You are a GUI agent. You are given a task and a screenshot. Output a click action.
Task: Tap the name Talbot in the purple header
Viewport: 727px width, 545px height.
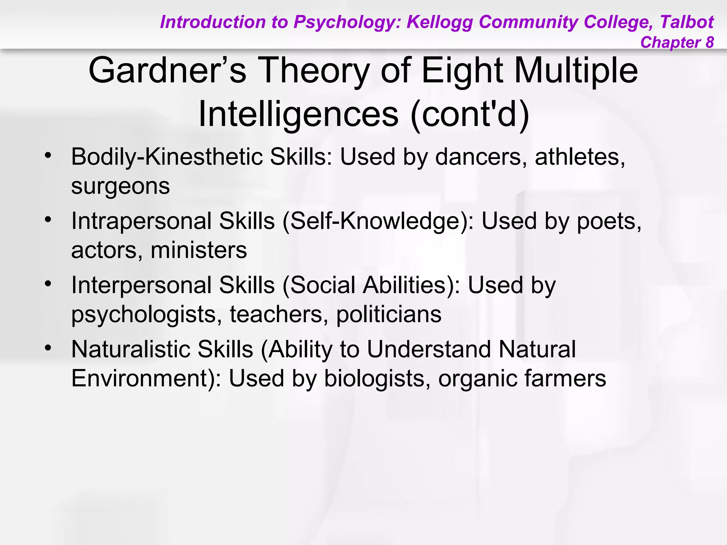[687, 22]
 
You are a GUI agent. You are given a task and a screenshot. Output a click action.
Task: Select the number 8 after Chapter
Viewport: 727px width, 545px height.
[710, 42]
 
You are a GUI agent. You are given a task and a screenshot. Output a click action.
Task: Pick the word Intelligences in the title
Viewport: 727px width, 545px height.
[298, 114]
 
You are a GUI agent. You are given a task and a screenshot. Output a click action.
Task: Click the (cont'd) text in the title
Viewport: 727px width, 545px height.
[470, 114]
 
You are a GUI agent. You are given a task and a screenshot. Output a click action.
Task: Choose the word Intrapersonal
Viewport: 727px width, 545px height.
[142, 221]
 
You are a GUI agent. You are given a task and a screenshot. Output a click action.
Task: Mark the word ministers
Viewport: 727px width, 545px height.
[199, 250]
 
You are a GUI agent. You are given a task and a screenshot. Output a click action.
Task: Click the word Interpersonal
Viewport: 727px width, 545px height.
[142, 285]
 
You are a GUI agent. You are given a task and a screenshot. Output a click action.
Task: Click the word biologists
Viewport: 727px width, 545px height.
[375, 378]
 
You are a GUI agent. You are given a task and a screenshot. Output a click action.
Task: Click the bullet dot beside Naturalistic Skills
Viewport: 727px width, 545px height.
[48, 347]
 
